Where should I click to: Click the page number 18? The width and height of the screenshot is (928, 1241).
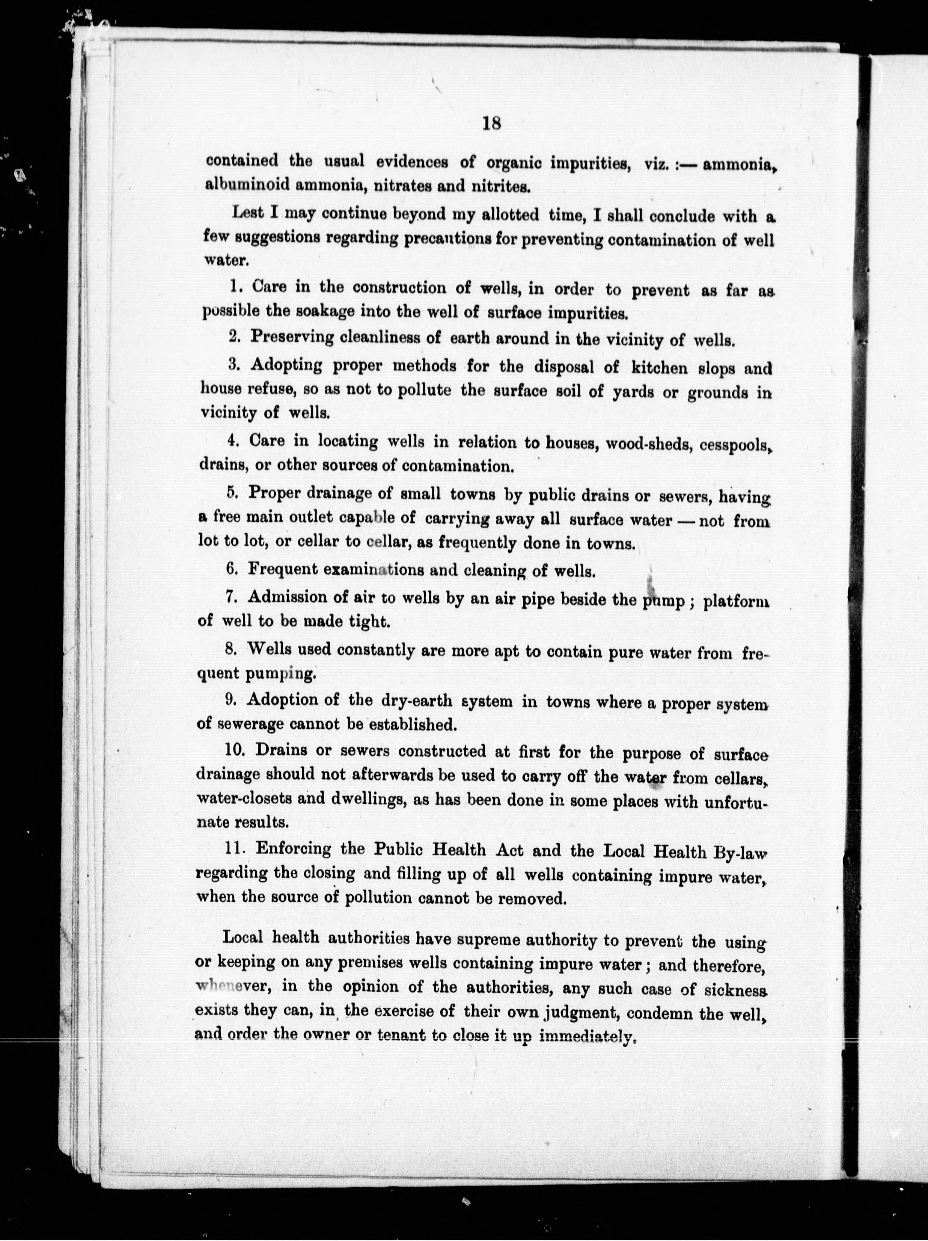(x=491, y=123)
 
